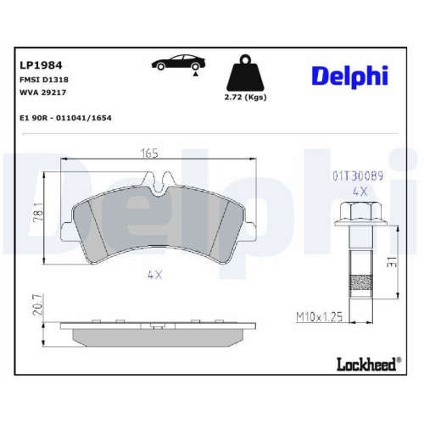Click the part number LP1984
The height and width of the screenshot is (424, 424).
point(40,64)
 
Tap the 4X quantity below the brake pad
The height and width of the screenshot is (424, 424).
point(153,274)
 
